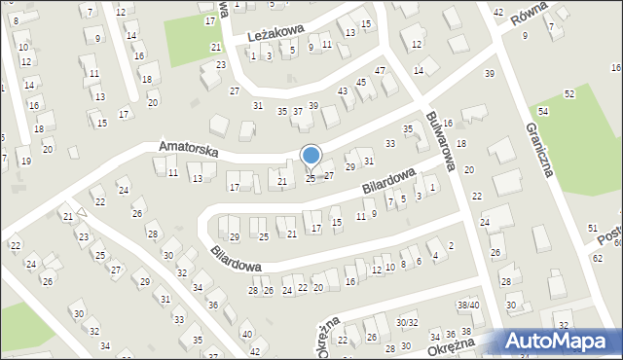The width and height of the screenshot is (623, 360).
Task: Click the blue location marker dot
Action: [x=311, y=155]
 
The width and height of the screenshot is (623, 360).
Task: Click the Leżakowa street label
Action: [x=276, y=35]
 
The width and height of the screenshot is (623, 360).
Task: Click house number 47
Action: [x=381, y=70]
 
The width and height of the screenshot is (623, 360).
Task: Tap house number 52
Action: [x=569, y=92]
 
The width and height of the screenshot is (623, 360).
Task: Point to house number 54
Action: [x=543, y=114]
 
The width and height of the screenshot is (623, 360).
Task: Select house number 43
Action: [x=343, y=90]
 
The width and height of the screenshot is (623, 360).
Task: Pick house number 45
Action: [x=361, y=82]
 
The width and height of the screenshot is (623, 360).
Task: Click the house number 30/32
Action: [x=407, y=322]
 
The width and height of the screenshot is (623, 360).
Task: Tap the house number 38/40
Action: [x=468, y=305]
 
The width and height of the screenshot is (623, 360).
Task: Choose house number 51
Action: [x=593, y=227]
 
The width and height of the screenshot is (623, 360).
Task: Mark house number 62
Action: [x=598, y=259]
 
